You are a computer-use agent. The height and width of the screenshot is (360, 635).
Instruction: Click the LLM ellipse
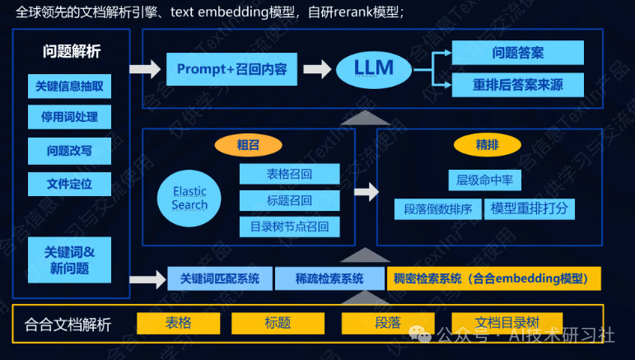point(374,69)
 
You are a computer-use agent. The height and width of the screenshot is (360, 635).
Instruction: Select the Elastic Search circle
point(189,198)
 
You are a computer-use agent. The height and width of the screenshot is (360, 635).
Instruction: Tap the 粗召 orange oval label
point(247,145)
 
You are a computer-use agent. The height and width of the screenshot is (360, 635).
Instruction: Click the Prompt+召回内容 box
point(231,69)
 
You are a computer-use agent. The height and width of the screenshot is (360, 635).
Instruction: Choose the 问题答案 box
point(517,53)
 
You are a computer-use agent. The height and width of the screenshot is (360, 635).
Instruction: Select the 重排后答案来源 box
point(517,85)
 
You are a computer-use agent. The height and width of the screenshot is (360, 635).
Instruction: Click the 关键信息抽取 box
point(69,86)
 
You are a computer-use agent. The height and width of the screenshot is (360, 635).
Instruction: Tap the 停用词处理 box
point(69,117)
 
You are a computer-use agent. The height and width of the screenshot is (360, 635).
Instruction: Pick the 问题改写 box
point(69,151)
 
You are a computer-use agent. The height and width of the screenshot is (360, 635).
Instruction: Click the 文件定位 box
point(69,184)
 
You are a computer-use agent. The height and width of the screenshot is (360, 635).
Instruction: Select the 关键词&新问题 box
point(69,259)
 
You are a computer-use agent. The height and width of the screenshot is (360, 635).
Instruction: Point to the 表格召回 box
point(289,174)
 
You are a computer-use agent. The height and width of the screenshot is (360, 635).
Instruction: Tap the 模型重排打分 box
point(529,208)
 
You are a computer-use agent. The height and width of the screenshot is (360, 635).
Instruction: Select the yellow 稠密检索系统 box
point(494,278)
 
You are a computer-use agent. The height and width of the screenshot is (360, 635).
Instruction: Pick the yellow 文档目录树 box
point(507,323)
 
